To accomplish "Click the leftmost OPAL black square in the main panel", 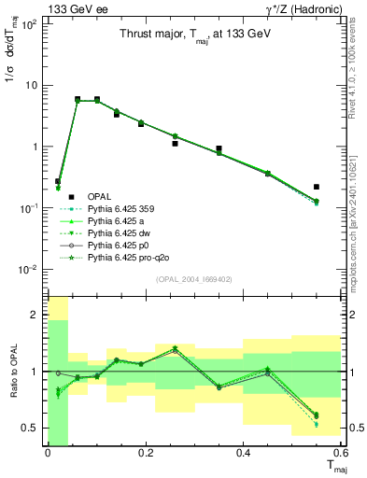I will [x=58, y=181].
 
